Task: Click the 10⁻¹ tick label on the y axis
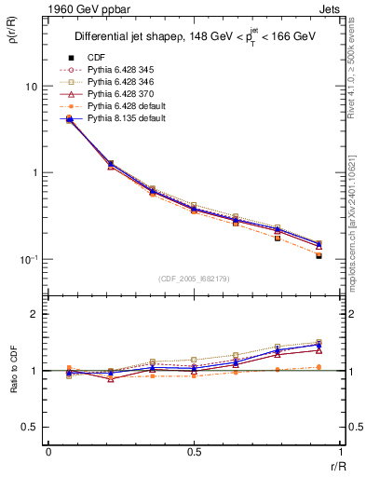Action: (x=30, y=260)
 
